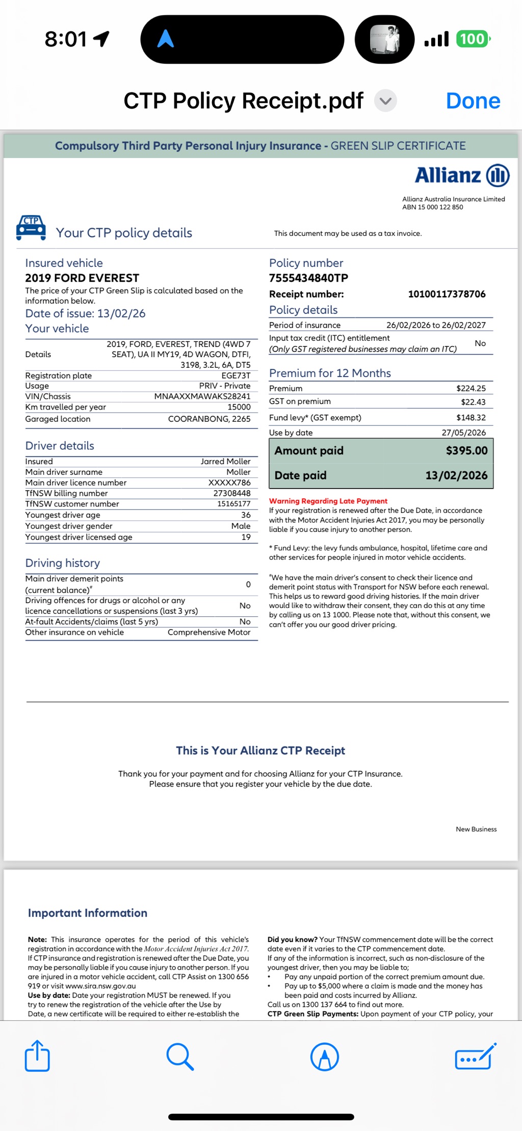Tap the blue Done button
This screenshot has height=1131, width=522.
point(473,101)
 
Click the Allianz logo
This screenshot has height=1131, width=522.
point(462,175)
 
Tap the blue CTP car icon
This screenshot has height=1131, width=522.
point(31,227)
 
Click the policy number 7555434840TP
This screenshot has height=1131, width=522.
point(308,278)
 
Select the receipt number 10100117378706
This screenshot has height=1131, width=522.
point(447,294)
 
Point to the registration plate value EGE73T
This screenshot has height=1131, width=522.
point(236,375)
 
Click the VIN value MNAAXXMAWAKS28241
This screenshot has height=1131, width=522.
point(202,396)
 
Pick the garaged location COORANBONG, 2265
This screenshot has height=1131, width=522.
point(209,419)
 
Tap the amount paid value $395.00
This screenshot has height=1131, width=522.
point(466,451)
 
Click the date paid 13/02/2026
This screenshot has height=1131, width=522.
point(456,475)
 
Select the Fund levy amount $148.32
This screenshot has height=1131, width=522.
point(471,418)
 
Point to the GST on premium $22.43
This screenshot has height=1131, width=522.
point(473,402)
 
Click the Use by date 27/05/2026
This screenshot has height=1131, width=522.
point(463,433)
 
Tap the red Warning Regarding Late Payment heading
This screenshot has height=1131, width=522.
point(328,501)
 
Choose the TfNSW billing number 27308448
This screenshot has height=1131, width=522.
point(231,493)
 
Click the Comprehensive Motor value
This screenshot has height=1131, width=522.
point(209,632)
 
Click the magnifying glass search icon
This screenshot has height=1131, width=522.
point(180,1056)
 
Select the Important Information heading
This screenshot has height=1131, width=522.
point(88,913)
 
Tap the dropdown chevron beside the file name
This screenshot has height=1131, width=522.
point(385,101)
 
